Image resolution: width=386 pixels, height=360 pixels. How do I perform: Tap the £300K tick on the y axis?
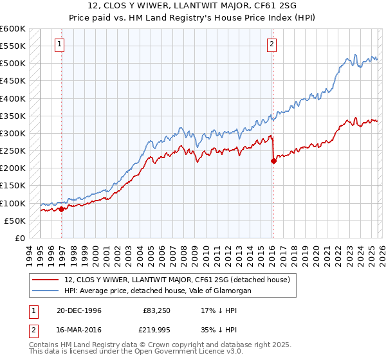tap(13, 133)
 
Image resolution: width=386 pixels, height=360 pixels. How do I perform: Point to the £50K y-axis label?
tap(15, 221)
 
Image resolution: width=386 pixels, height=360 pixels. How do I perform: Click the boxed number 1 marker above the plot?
tap(59, 44)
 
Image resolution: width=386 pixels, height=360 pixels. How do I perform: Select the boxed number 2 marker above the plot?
tap(271, 44)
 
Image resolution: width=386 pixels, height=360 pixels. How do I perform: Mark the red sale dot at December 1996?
tap(62, 208)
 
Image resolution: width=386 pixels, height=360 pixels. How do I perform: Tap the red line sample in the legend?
tap(46, 280)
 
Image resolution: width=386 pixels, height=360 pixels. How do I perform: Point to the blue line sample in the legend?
tap(46, 291)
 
